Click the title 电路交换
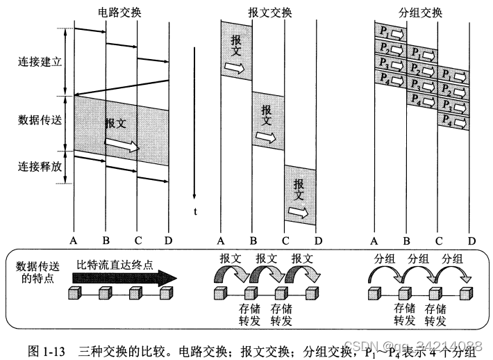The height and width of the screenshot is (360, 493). pyautogui.click(x=121, y=12)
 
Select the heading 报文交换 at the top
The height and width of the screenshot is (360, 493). pyautogui.click(x=269, y=12)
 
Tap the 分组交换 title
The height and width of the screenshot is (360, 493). pyautogui.click(x=421, y=12)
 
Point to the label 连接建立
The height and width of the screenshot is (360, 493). pyautogui.click(x=40, y=61)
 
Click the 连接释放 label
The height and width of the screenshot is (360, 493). pyautogui.click(x=40, y=167)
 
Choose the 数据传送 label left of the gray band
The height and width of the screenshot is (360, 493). pyautogui.click(x=40, y=120)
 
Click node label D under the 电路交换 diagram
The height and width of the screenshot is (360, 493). pyautogui.click(x=168, y=240)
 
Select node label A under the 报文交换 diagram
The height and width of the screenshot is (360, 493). pyautogui.click(x=222, y=240)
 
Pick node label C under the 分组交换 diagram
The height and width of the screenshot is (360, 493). pyautogui.click(x=439, y=240)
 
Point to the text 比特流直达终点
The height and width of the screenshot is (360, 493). pyautogui.click(x=115, y=265)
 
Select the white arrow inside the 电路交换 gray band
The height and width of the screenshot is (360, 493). pyautogui.click(x=122, y=145)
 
